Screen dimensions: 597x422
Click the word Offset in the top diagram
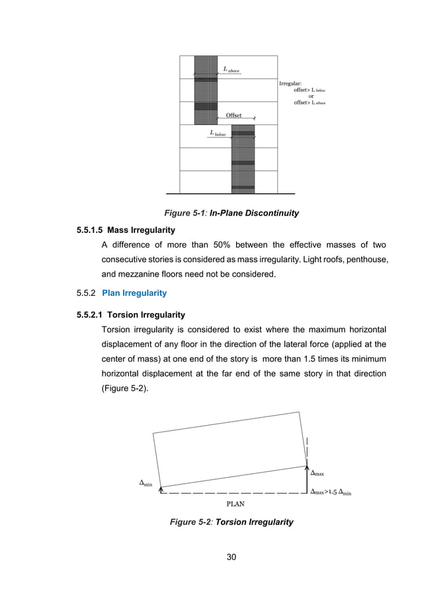(x=234, y=115)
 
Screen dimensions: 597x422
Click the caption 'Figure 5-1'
(x=185, y=213)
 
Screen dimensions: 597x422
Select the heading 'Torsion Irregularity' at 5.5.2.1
(x=149, y=314)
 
